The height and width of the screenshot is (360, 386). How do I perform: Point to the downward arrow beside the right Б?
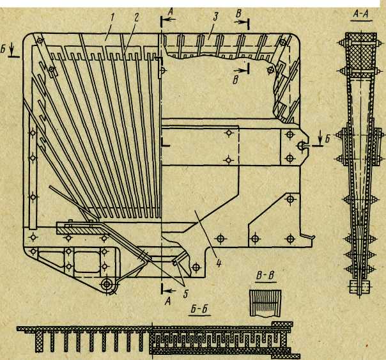(x=320, y=137)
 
